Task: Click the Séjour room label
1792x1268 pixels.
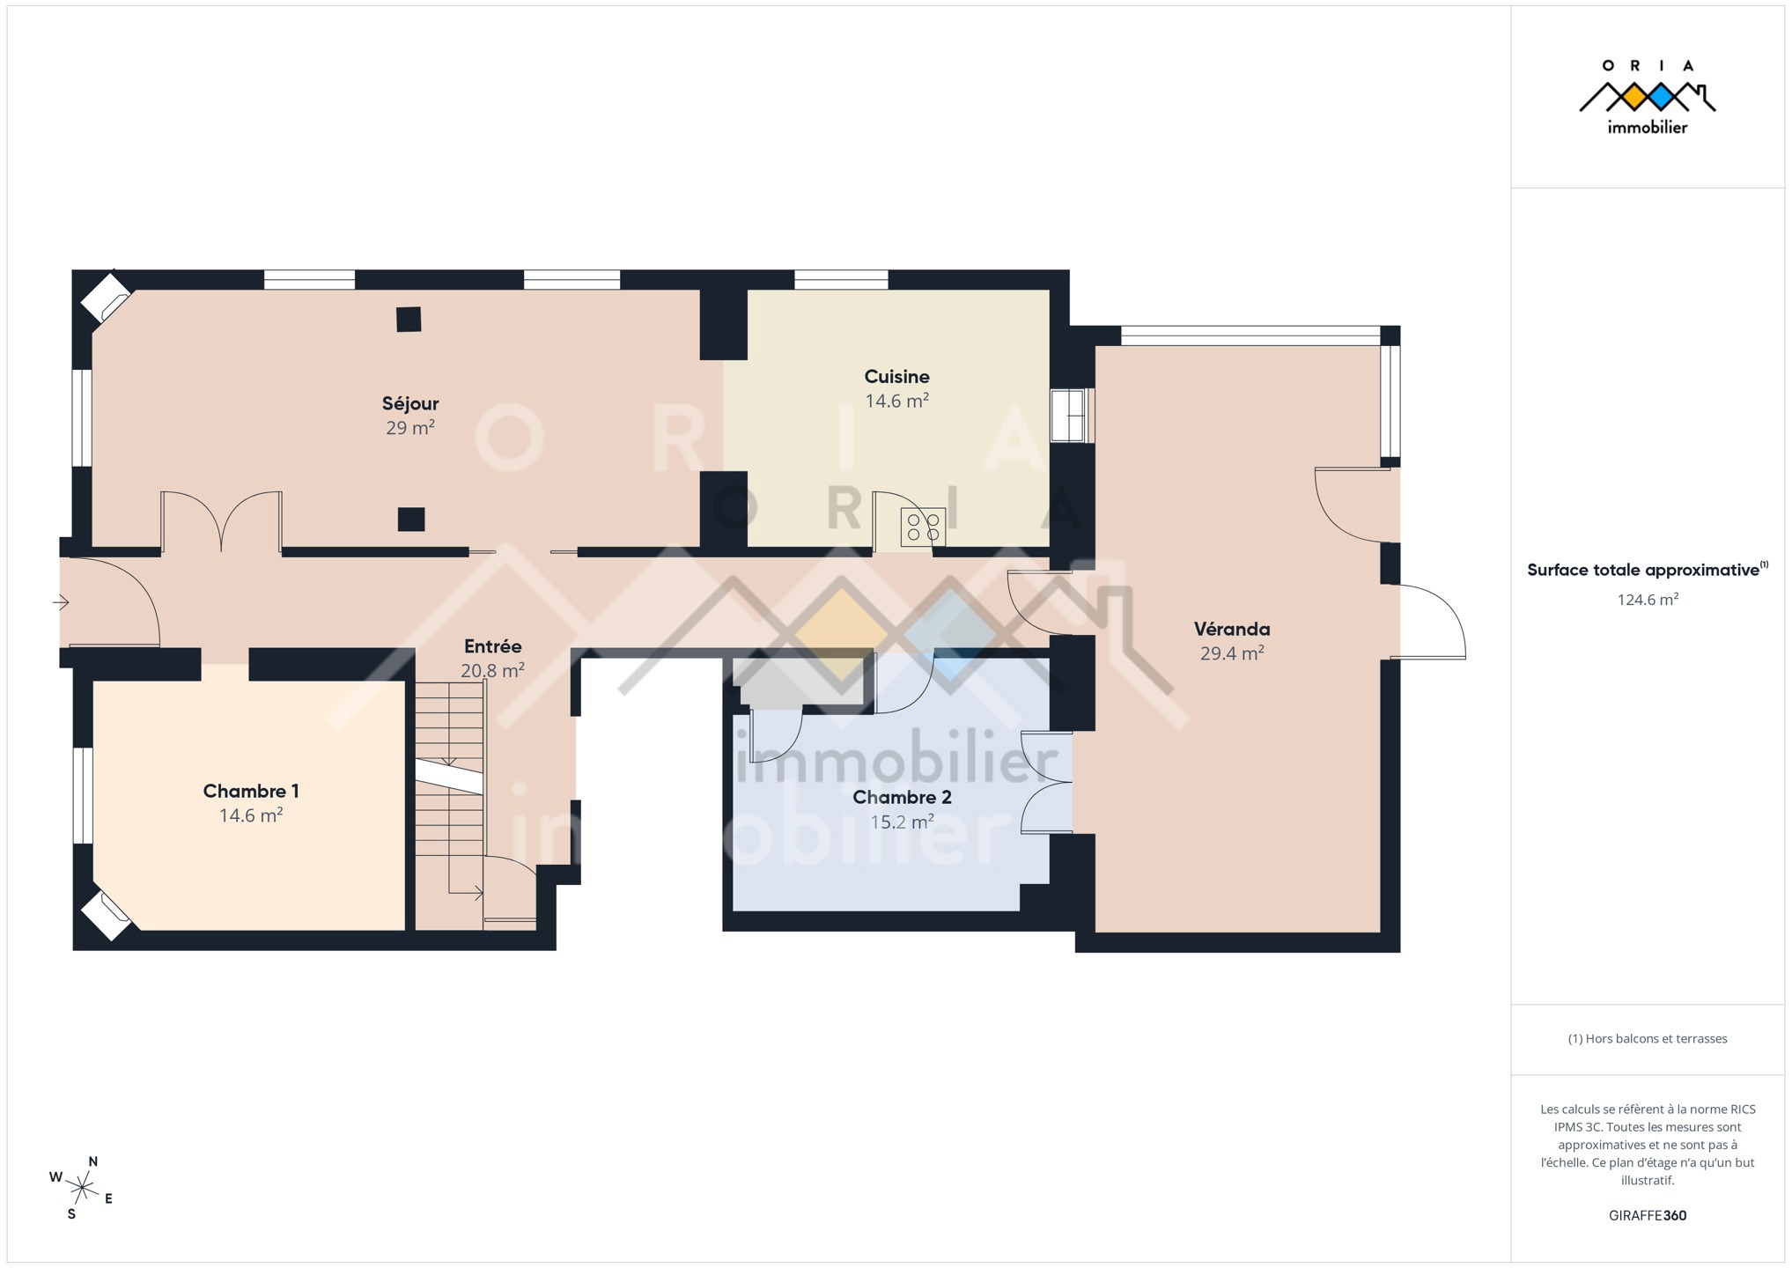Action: click(410, 403)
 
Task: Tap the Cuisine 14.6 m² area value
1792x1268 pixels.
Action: click(896, 401)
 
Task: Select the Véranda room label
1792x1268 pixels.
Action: click(1232, 629)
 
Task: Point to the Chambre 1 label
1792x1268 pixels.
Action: click(251, 791)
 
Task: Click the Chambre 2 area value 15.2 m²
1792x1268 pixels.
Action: click(902, 822)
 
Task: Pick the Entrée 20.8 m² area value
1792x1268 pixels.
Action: click(492, 670)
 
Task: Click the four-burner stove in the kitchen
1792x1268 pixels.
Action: click(923, 527)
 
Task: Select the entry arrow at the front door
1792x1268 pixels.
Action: click(61, 603)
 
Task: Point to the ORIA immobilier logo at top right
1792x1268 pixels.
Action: click(1647, 97)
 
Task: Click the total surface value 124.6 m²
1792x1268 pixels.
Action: click(1648, 600)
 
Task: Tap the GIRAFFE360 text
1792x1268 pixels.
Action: click(1648, 1215)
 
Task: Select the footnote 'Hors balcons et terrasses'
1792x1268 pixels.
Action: click(1648, 1038)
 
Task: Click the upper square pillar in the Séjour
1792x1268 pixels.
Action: click(409, 319)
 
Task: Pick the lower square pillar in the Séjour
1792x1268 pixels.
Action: click(411, 520)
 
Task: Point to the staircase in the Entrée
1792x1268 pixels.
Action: click(450, 805)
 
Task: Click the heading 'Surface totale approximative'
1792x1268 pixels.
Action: click(1643, 570)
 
